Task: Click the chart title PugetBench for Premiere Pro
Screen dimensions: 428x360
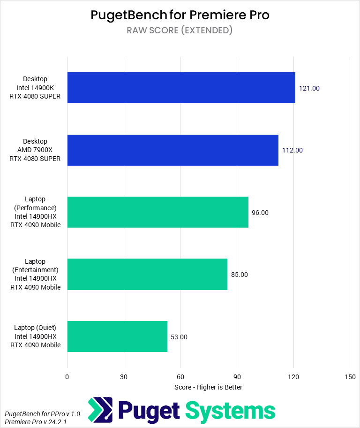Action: pyautogui.click(x=180, y=15)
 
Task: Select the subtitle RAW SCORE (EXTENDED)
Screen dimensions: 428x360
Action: pyautogui.click(x=180, y=31)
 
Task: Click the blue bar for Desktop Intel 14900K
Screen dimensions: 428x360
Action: pyautogui.click(x=181, y=88)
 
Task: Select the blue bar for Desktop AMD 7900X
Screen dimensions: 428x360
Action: pyautogui.click(x=172, y=150)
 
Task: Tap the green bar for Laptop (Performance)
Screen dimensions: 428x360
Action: pyautogui.click(x=157, y=212)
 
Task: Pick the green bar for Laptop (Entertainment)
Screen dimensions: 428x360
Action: pyautogui.click(x=147, y=274)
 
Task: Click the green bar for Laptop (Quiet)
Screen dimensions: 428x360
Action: pyautogui.click(x=117, y=336)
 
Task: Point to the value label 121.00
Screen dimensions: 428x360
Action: pyautogui.click(x=309, y=88)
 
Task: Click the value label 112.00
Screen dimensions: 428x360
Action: pyautogui.click(x=292, y=151)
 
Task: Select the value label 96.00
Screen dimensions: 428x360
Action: pyautogui.click(x=260, y=213)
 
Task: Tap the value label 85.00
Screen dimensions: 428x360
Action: pyautogui.click(x=240, y=275)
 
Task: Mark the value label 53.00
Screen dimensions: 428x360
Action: pyautogui.click(x=179, y=337)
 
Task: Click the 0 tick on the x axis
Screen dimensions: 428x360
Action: pyautogui.click(x=67, y=377)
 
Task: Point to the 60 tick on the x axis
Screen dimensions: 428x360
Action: pyautogui.click(x=180, y=377)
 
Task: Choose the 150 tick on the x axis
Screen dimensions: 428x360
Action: pyautogui.click(x=350, y=377)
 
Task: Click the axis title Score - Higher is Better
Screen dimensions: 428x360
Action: pyautogui.click(x=208, y=387)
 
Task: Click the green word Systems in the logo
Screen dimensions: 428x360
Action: pyautogui.click(x=231, y=411)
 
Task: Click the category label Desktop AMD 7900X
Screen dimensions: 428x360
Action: pyautogui.click(x=35, y=150)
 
